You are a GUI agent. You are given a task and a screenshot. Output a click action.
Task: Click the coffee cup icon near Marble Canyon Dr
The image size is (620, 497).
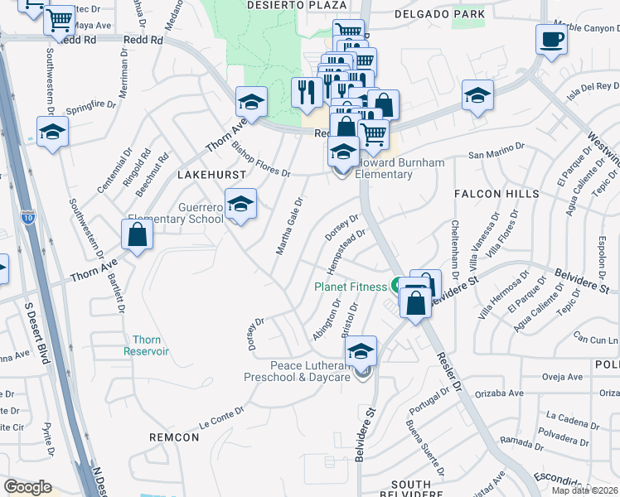(551, 39)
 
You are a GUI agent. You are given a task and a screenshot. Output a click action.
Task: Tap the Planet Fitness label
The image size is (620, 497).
(350, 287)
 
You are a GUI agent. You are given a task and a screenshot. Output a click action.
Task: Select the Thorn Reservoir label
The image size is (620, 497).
(146, 345)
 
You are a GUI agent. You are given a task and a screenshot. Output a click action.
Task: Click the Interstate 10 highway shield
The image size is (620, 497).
(27, 217)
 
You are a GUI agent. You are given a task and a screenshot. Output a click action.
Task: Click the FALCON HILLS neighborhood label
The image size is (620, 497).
(496, 194)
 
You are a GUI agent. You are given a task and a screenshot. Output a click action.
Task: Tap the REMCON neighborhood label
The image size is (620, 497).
(174, 437)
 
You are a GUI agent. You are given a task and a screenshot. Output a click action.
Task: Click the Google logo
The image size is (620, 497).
(27, 487)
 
